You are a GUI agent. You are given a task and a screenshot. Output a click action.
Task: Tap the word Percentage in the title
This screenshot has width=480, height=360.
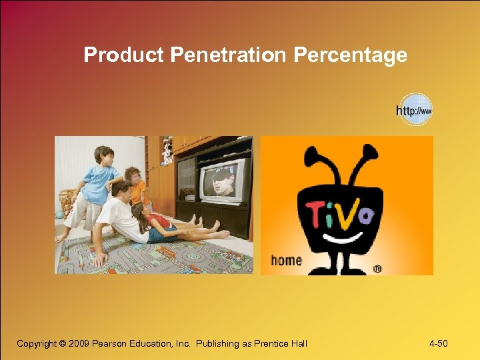point(350,55)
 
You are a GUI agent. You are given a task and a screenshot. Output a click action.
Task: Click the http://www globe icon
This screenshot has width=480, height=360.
point(415,110)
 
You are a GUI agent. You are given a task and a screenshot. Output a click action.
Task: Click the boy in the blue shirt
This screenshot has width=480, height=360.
point(97,177)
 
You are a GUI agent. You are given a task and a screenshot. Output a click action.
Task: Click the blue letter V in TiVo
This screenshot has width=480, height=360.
point(349,213)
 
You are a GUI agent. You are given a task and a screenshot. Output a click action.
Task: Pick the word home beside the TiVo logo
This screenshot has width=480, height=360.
point(287,260)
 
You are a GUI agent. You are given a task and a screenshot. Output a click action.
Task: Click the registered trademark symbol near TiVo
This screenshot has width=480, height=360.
point(377,269)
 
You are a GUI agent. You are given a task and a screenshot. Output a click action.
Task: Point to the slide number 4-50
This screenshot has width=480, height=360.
point(438,344)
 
